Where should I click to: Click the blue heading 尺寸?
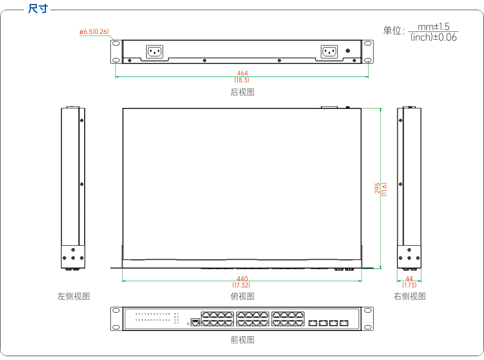click(38, 9)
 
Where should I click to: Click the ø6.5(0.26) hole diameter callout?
click(94, 32)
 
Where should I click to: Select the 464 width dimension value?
click(242, 73)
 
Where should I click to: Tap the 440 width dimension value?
click(242, 279)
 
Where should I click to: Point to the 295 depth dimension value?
click(377, 188)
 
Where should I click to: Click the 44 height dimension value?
click(409, 279)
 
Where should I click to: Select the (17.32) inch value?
click(242, 285)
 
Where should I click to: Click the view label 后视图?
click(242, 92)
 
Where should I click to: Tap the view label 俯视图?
click(242, 297)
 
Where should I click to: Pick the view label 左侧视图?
click(74, 297)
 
